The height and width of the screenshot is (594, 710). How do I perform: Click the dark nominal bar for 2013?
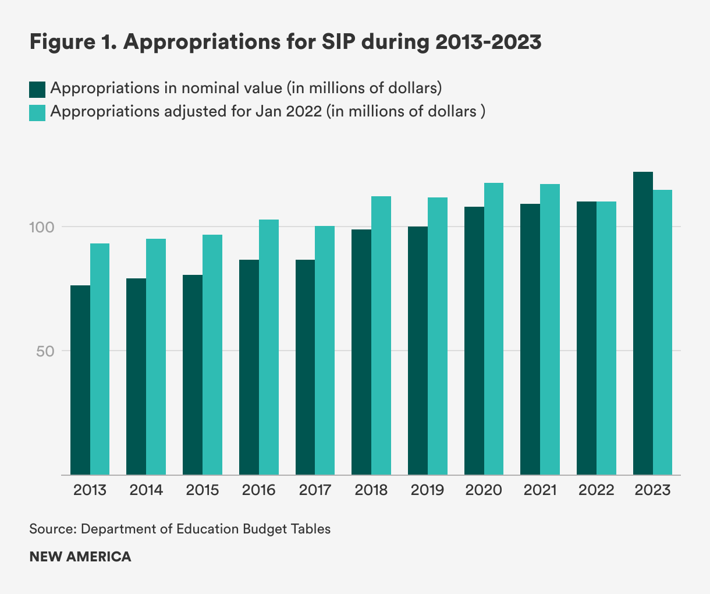[x=80, y=380]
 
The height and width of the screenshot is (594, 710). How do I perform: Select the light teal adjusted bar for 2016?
[x=269, y=347]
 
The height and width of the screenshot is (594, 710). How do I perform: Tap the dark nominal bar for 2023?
[x=643, y=323]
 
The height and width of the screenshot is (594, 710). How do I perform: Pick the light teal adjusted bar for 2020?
[x=494, y=329]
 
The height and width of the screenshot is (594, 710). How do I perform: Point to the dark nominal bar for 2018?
[x=361, y=352]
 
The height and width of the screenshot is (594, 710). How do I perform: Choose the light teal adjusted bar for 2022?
[x=606, y=338]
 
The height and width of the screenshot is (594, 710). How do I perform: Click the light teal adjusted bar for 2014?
[x=156, y=356]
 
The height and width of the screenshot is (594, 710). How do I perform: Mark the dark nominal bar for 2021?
[x=530, y=339]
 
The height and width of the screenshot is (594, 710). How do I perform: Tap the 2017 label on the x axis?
[x=315, y=490]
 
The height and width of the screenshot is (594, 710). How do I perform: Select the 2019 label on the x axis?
[x=427, y=490]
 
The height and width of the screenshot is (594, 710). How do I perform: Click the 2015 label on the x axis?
[x=203, y=490]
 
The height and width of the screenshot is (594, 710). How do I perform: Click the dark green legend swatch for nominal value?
[x=37, y=89]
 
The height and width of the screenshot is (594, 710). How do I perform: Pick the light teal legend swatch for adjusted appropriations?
[x=37, y=112]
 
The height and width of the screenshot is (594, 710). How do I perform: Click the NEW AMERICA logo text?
[x=80, y=557]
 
